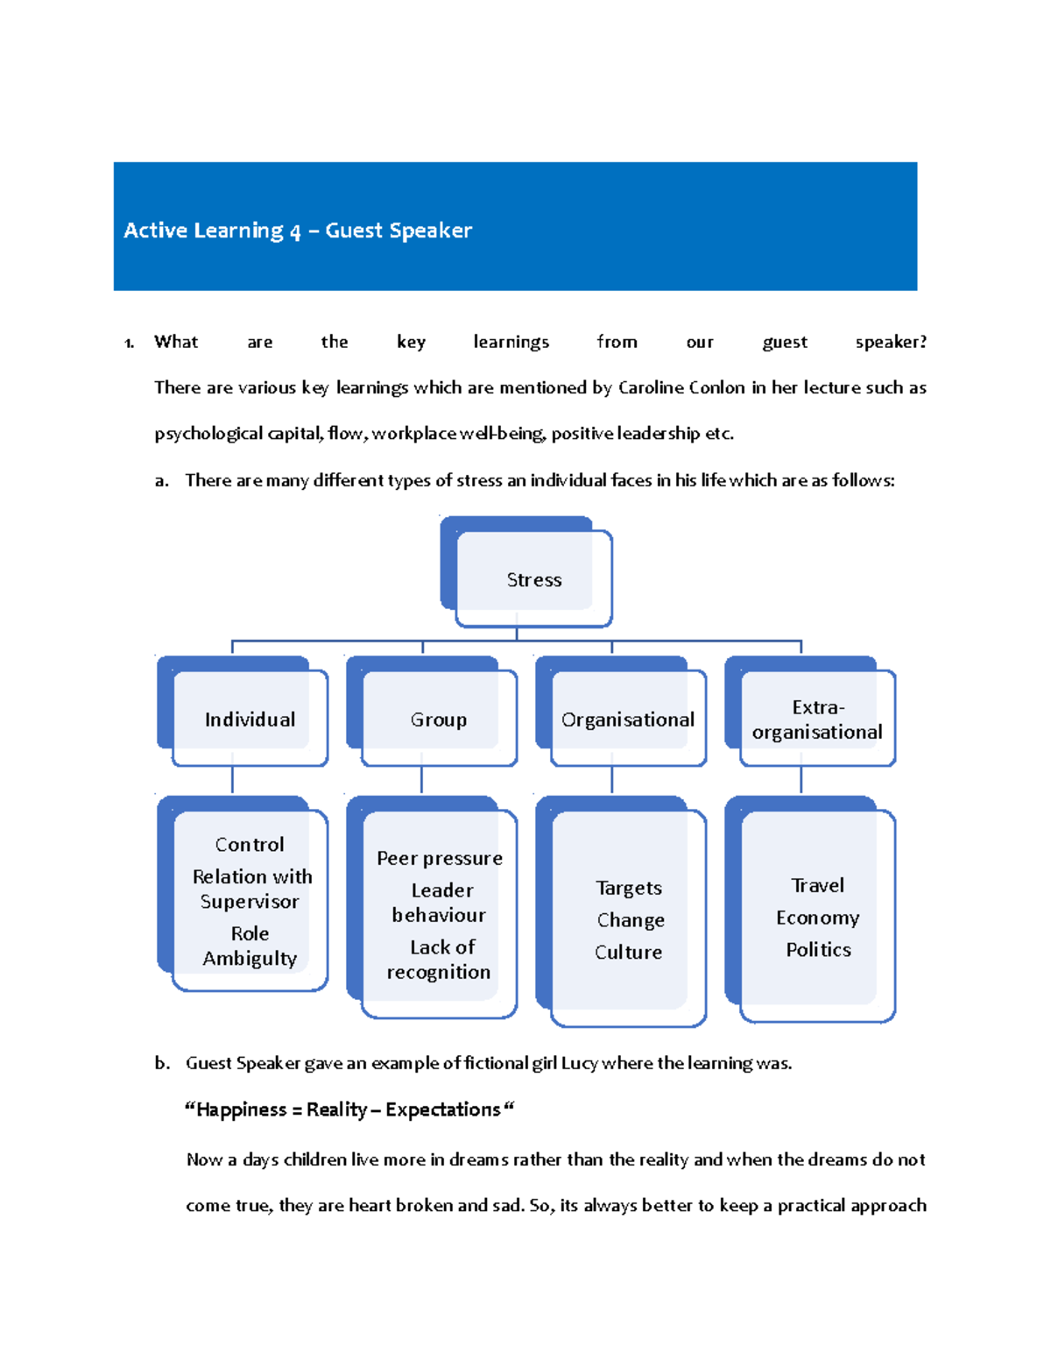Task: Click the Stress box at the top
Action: point(533,579)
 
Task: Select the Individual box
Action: point(250,719)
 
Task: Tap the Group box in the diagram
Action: point(439,719)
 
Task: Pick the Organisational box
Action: point(628,719)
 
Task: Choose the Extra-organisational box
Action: point(817,719)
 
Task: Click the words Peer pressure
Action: point(440,858)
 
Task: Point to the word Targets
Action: point(629,888)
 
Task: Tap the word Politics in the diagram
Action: point(818,949)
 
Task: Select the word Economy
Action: point(817,918)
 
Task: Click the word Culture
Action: point(628,952)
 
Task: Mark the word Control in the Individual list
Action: point(250,844)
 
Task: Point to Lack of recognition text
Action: point(440,960)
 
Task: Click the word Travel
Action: point(817,885)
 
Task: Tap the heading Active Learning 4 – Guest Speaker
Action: point(298,230)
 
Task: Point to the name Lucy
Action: point(579,1063)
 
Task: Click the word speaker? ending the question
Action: point(891,342)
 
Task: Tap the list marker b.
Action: point(162,1063)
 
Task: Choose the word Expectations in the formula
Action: point(443,1109)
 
